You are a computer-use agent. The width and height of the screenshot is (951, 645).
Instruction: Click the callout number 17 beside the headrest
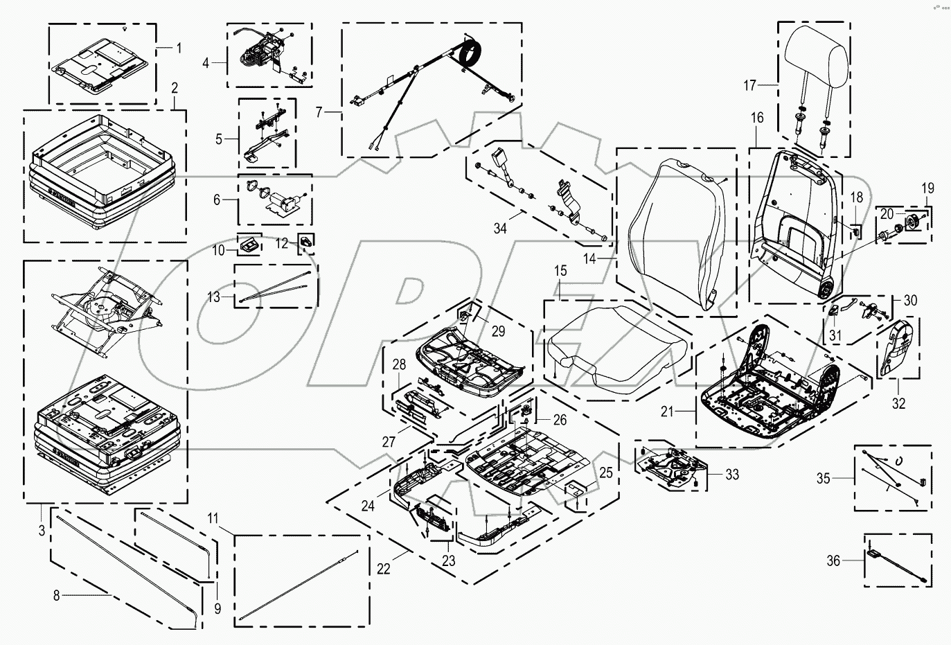click(749, 86)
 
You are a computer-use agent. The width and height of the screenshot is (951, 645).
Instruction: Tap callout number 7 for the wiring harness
click(319, 111)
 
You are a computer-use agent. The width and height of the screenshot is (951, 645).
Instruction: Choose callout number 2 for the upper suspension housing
click(175, 88)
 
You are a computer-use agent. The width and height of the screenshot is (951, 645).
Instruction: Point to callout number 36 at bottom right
click(833, 560)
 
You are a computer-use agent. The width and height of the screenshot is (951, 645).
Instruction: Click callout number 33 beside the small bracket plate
click(732, 475)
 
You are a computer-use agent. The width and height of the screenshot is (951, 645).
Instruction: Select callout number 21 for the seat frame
click(667, 412)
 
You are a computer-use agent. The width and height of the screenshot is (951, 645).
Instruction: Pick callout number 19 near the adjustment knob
click(927, 188)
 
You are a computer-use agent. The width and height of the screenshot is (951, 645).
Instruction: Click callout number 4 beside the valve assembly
click(206, 63)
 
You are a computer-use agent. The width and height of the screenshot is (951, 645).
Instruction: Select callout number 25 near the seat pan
click(605, 473)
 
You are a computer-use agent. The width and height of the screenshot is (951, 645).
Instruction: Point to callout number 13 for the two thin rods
click(214, 297)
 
